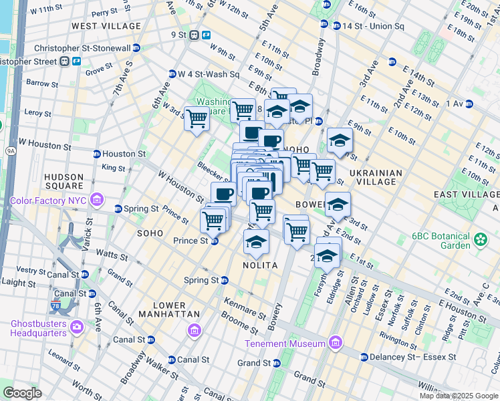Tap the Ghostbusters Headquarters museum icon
click(76, 327)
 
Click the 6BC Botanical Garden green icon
click(479, 239)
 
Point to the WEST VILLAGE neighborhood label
click(106, 26)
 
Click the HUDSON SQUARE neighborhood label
click(64, 181)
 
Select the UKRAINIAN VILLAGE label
click(375, 177)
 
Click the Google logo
click(22, 393)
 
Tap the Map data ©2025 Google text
click(459, 396)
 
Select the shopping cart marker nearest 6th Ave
click(197, 119)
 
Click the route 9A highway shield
click(11, 151)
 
